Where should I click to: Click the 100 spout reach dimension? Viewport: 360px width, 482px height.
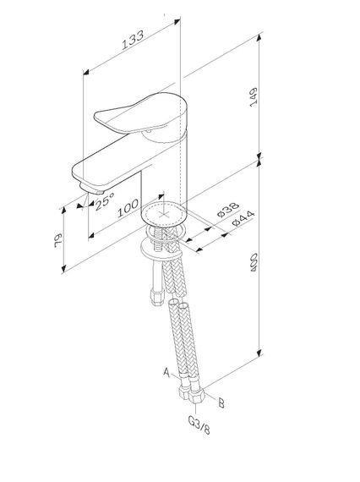[x=129, y=205]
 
